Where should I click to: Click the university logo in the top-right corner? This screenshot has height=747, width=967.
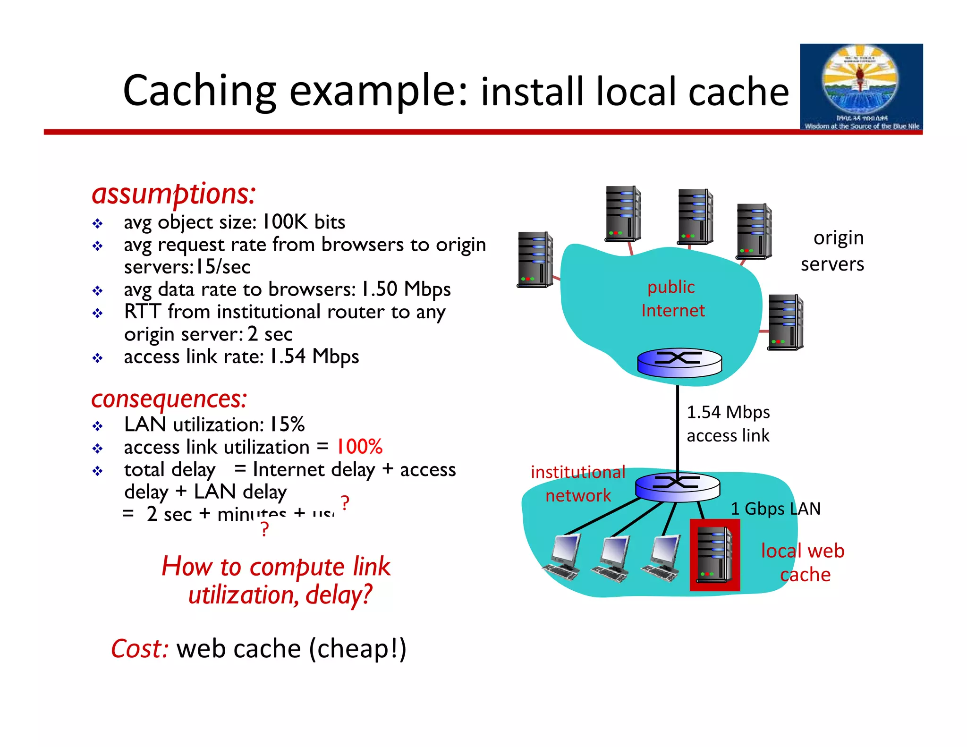point(861,87)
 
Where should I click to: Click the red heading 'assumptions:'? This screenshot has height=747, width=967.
point(173,194)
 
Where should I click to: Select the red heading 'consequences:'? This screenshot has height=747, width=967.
point(169,399)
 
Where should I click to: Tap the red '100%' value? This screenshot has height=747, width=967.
point(359,447)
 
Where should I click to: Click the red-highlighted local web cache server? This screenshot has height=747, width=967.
point(714,555)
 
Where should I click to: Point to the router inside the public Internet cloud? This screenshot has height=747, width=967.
point(679,363)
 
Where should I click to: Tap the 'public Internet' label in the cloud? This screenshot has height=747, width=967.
point(672,298)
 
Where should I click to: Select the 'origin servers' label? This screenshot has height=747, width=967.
point(832,251)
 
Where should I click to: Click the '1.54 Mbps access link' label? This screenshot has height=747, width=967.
point(728,424)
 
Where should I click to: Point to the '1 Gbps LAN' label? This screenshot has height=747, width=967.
point(775,509)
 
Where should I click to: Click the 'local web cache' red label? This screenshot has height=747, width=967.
point(803,562)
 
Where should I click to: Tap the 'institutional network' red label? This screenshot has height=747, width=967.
point(578,484)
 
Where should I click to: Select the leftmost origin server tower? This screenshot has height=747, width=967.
point(535,259)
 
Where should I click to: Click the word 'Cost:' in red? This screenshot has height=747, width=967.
point(139,649)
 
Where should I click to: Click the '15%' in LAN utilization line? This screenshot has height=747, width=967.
point(287,424)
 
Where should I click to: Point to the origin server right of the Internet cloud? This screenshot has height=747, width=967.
point(785,322)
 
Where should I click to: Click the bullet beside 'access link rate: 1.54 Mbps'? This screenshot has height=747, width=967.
point(98,358)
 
